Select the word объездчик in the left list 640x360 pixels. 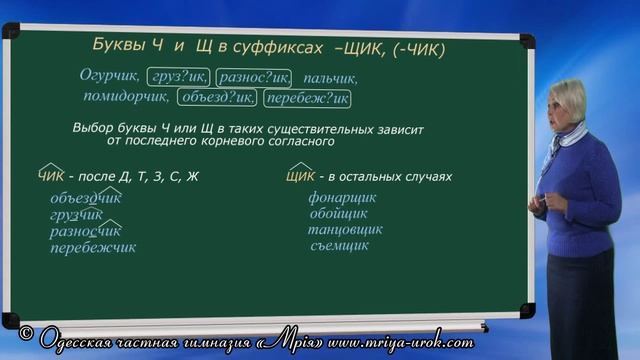click(92, 198)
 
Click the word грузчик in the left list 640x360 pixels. click(77, 215)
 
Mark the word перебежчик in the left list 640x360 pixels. click(93, 247)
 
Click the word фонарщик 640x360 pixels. click(343, 198)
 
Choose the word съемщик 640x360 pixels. click(338, 246)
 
